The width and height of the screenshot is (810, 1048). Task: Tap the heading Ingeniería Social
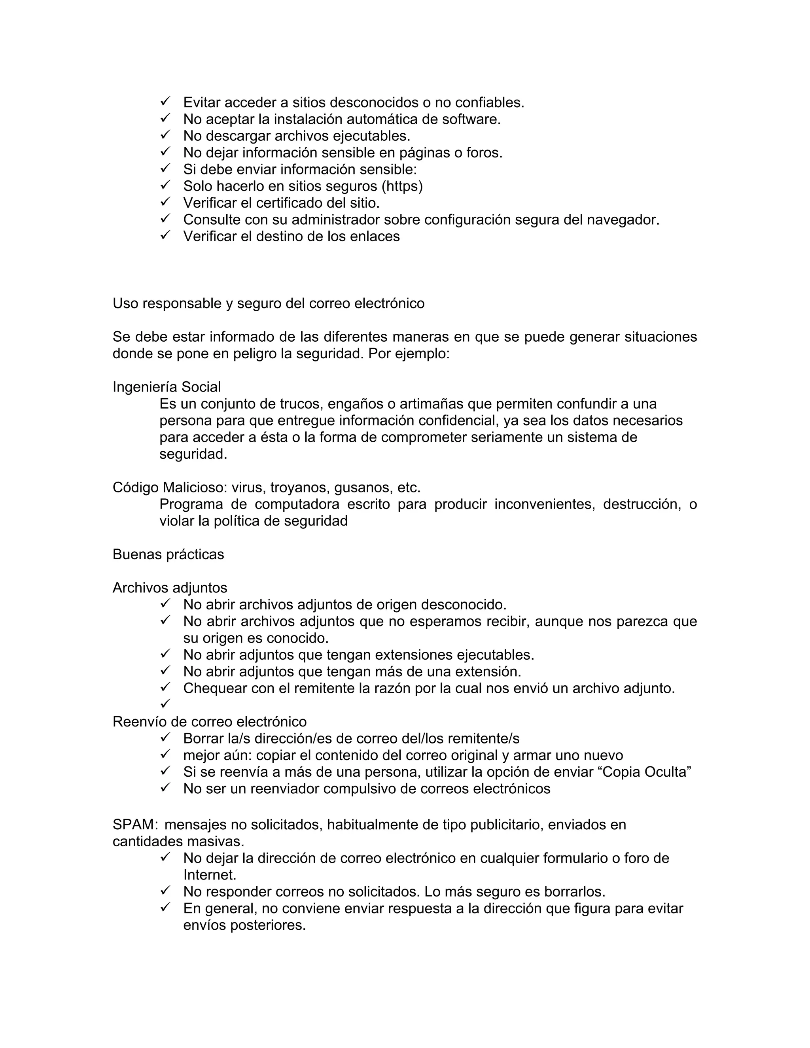167,387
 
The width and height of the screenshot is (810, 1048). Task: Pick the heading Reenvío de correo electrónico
209,722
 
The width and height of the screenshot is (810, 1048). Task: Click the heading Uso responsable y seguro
268,303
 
